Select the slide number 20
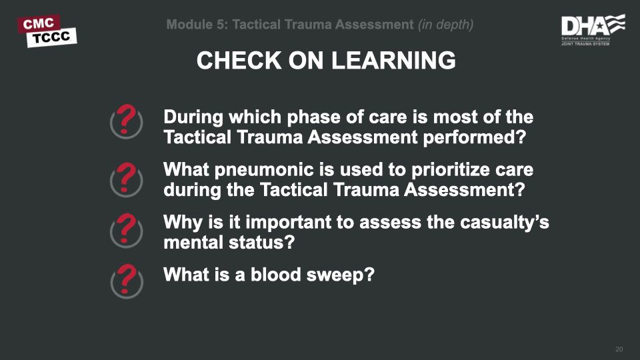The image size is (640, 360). (x=619, y=350)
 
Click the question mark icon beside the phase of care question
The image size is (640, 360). (x=126, y=121)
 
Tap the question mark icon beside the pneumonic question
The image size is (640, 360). (x=126, y=177)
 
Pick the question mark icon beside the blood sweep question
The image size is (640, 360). (x=126, y=280)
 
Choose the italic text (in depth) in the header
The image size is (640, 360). (x=445, y=25)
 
